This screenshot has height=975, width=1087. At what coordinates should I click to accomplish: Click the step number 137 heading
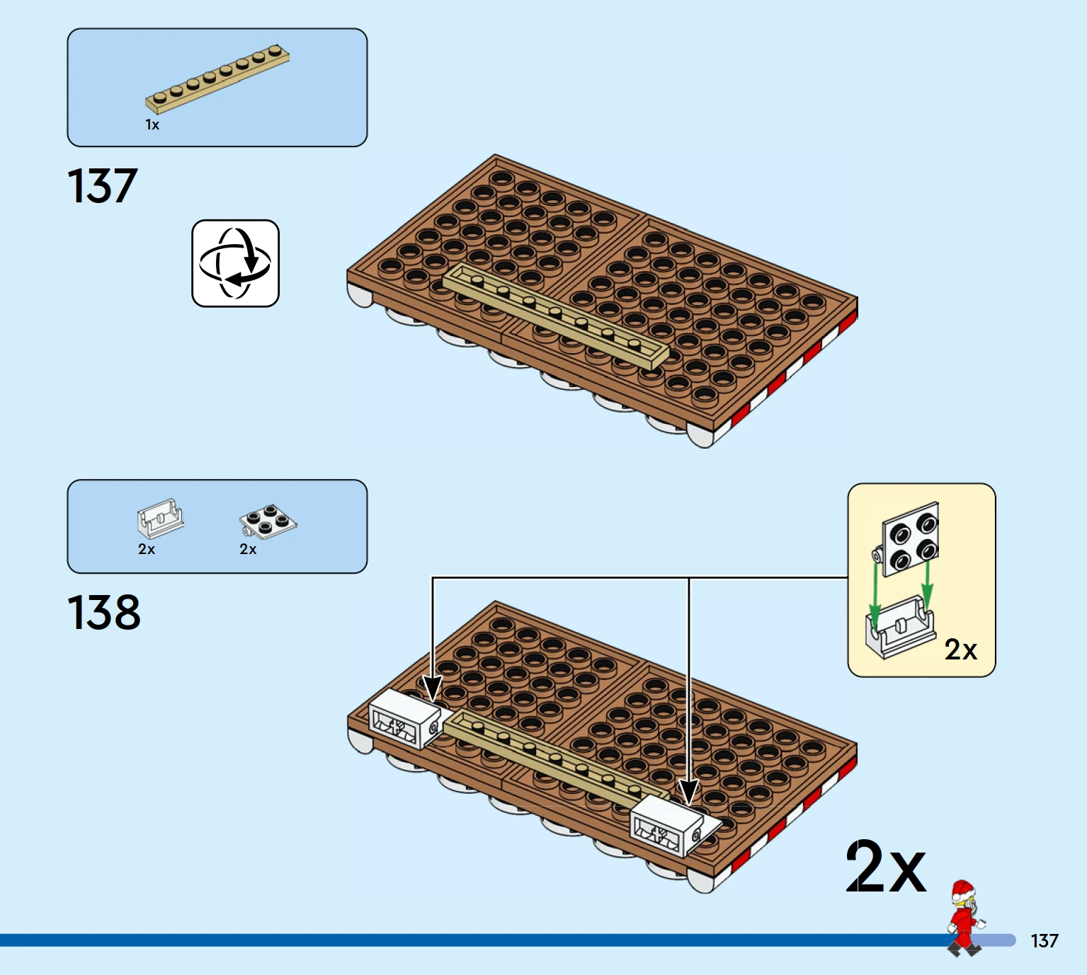click(103, 185)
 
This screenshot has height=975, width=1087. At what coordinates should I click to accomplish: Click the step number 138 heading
click(104, 612)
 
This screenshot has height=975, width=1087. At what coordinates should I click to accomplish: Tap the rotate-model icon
click(236, 263)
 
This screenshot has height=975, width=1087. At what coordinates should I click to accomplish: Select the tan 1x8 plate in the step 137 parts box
click(217, 79)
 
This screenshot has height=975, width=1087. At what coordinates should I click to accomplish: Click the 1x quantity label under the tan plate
click(152, 125)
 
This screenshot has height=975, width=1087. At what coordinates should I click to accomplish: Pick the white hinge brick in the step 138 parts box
click(161, 519)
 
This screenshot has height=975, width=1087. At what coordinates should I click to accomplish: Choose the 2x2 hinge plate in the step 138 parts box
click(268, 521)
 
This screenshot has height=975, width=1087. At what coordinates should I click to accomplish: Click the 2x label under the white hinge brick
click(147, 549)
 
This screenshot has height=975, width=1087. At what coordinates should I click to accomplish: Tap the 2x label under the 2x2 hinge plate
click(248, 549)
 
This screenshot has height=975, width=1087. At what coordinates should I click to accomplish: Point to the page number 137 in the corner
click(1045, 941)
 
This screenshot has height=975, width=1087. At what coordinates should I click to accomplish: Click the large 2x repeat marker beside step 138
click(886, 867)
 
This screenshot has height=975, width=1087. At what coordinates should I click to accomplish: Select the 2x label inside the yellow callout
click(960, 650)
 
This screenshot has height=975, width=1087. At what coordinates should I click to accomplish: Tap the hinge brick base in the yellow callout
click(900, 627)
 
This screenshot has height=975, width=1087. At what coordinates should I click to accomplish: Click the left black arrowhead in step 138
click(433, 688)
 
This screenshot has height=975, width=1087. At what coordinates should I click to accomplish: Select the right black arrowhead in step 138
click(689, 792)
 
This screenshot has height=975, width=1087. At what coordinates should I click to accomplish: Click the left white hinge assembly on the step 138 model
click(406, 718)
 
